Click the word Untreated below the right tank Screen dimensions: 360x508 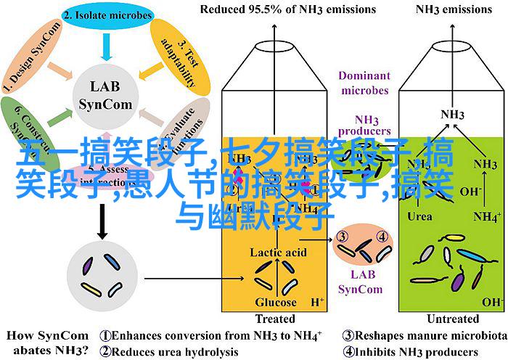point(454,319)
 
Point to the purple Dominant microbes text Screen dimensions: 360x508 point(363,82)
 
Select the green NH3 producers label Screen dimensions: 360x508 point(363,124)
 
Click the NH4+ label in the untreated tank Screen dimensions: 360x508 point(487,216)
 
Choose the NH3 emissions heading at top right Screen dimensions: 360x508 point(454,10)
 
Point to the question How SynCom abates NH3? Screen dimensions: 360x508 point(47,344)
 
